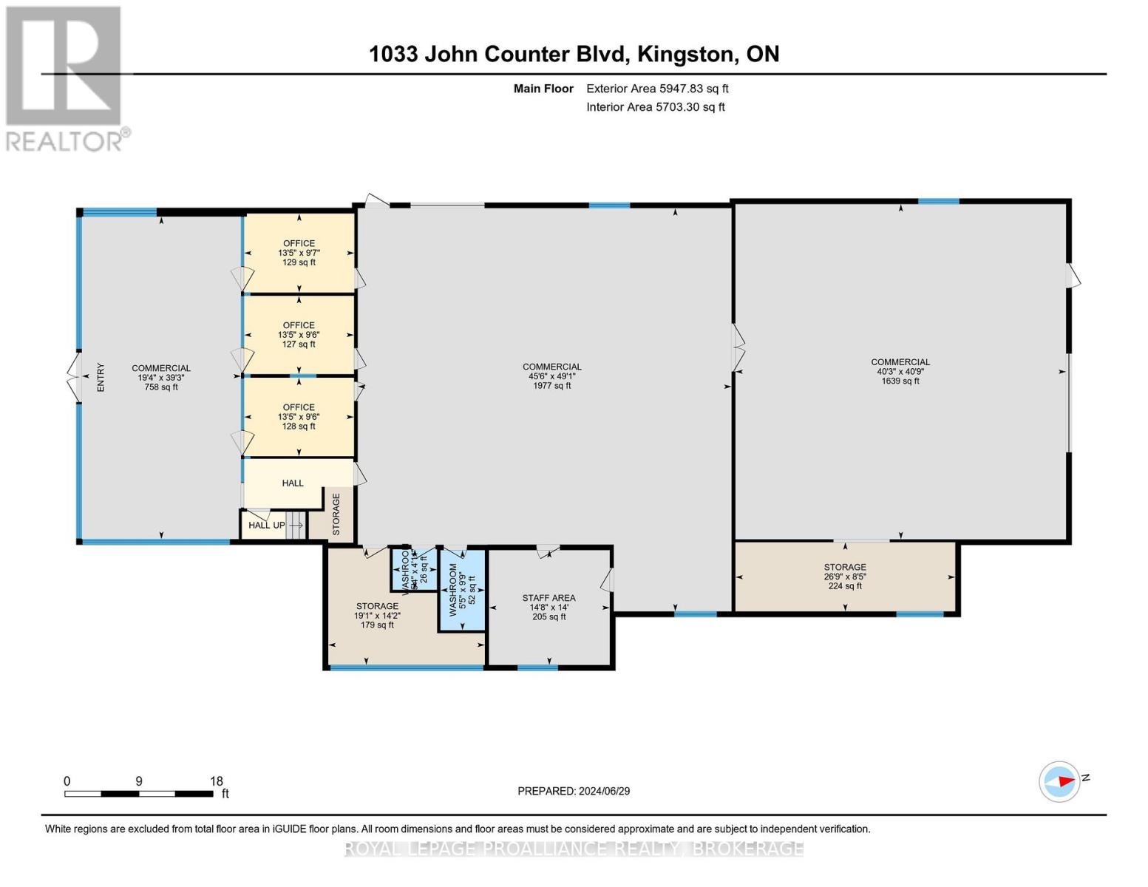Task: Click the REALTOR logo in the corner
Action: coord(64,78)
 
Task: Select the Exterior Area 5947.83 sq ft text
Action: coord(657,89)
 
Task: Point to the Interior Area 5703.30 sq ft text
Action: coord(655,107)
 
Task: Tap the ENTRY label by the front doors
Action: coord(101,377)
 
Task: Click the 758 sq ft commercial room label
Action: coord(161,377)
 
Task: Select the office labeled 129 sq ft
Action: coord(299,253)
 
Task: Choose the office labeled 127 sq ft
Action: coord(299,335)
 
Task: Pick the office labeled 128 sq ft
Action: coord(299,417)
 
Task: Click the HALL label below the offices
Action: coord(293,483)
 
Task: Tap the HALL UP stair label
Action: coord(266,526)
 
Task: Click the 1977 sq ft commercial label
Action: coord(551,375)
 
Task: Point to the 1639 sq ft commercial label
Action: coord(900,372)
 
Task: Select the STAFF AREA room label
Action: coord(548,607)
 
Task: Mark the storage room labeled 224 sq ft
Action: coord(844,577)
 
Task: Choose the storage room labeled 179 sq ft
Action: coord(377,615)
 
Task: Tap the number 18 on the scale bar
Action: coord(216,781)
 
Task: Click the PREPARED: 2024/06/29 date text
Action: coord(574,791)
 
